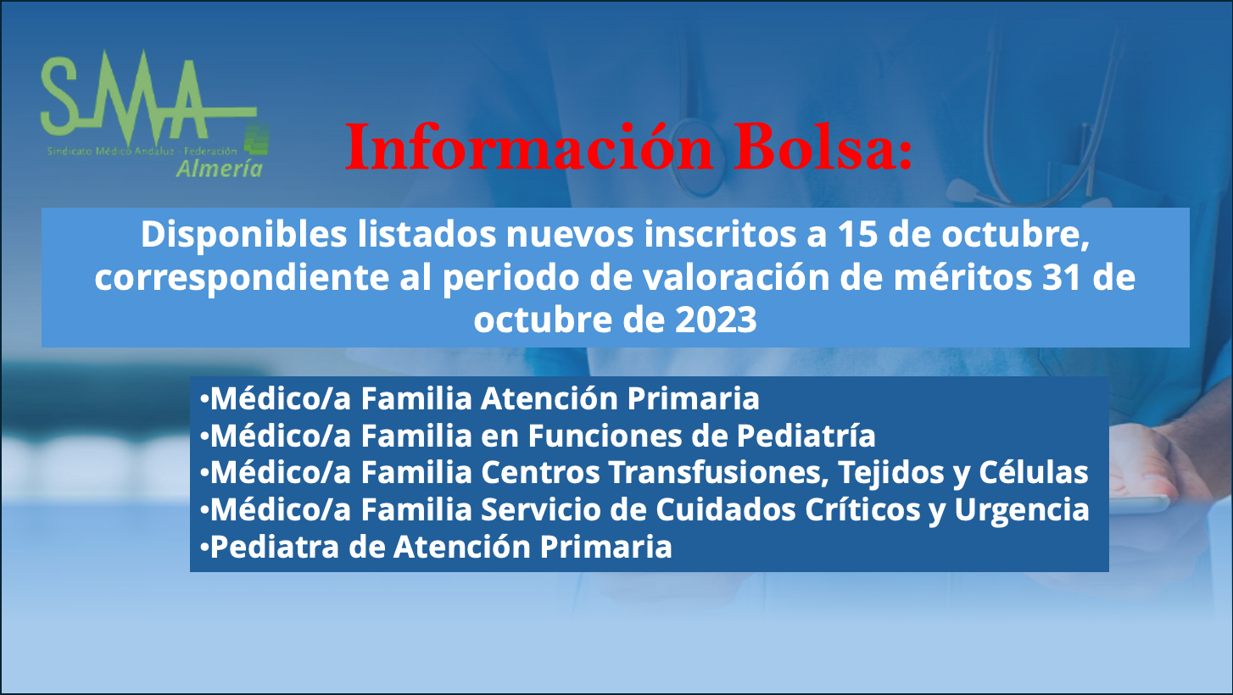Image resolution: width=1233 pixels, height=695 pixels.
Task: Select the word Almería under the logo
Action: (219, 169)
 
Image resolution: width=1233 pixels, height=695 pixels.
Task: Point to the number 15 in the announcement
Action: (857, 235)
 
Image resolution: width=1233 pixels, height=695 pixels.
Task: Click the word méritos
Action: (962, 277)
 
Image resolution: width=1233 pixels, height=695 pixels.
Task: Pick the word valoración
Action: (736, 277)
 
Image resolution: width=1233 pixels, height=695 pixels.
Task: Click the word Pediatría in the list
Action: (806, 436)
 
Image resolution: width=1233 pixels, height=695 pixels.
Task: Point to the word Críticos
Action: (863, 509)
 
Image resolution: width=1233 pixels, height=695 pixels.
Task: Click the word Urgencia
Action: (1022, 511)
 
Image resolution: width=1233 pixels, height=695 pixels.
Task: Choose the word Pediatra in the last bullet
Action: (275, 547)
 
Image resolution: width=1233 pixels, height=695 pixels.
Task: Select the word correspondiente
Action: (242, 279)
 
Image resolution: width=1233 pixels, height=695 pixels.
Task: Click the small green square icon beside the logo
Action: (256, 139)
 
